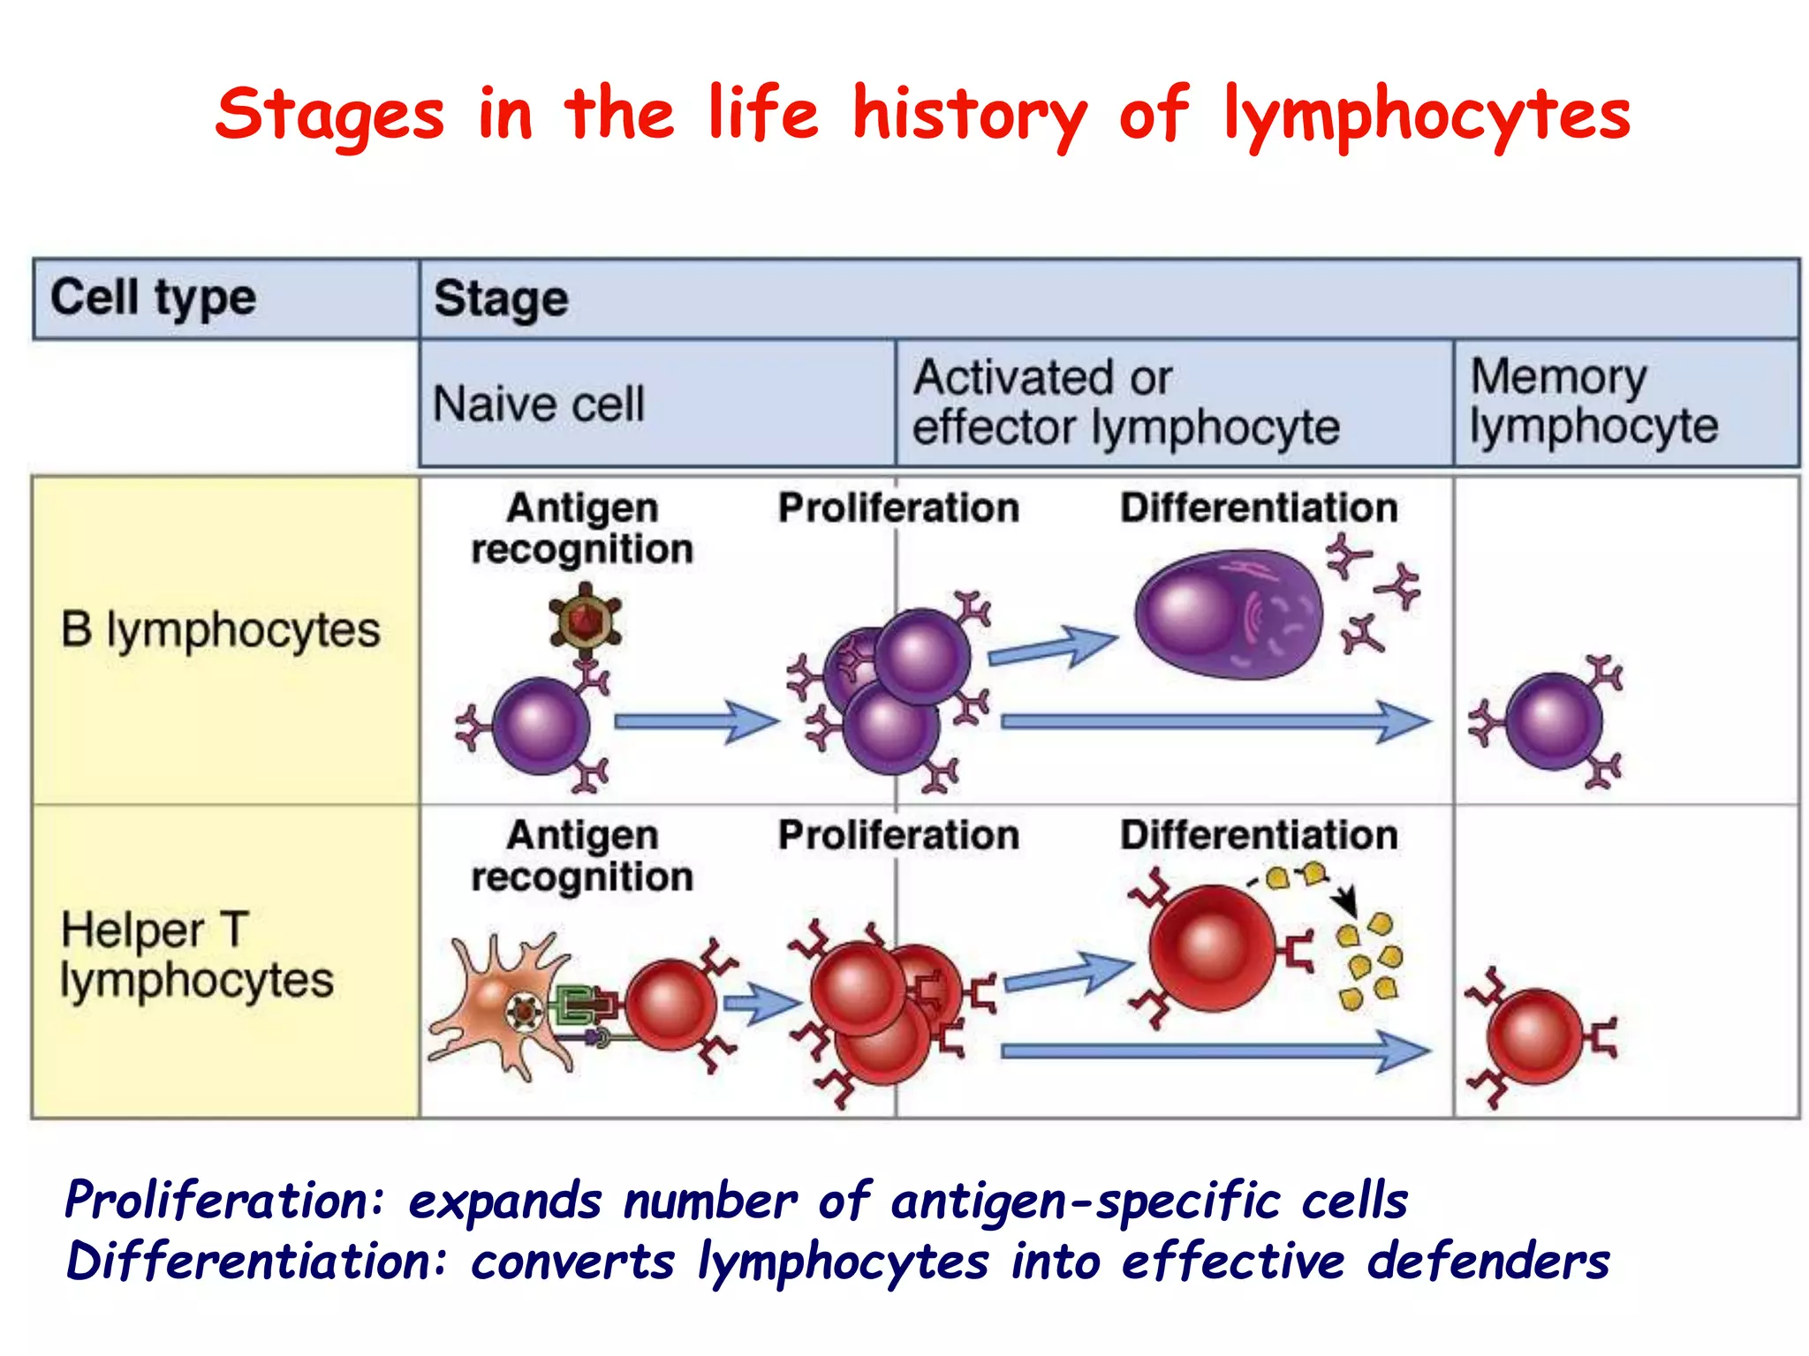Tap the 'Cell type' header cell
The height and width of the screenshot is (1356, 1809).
click(154, 298)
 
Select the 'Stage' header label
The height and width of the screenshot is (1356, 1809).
click(501, 299)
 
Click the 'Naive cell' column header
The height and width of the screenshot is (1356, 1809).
click(539, 404)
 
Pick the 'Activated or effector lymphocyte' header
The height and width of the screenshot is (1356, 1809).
click(1125, 403)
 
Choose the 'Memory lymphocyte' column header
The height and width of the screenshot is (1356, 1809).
click(1593, 402)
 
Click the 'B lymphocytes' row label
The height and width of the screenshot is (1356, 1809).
click(220, 630)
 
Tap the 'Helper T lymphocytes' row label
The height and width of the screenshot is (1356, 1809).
click(196, 955)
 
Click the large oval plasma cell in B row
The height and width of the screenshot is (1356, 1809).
click(1228, 615)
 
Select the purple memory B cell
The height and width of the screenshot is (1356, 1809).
click(1553, 720)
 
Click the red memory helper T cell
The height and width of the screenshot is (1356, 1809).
click(1534, 1036)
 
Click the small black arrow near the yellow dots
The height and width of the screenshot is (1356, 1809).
click(1344, 900)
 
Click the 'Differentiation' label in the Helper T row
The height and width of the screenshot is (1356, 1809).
click(1259, 835)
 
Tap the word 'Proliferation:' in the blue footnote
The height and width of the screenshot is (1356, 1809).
click(225, 1202)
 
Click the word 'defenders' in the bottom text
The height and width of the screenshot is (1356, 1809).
click(1488, 1262)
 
